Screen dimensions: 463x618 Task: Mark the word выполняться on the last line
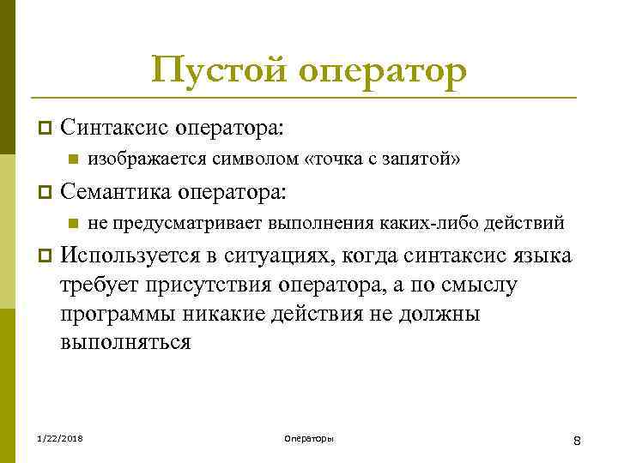click(x=125, y=342)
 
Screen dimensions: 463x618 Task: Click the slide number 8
click(x=578, y=440)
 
